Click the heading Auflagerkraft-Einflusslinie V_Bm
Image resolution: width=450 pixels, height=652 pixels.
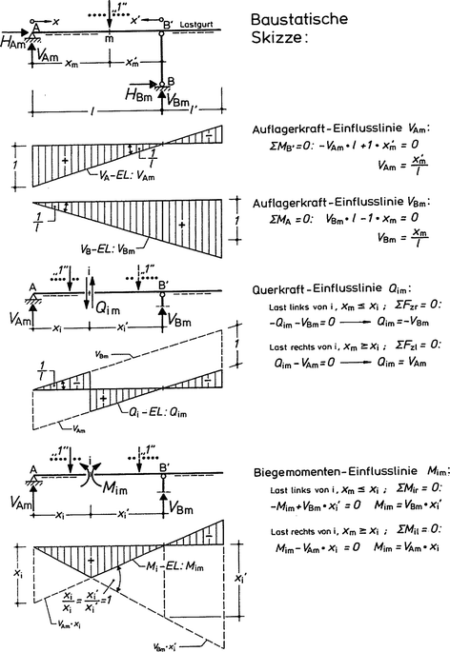pos(343,202)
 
